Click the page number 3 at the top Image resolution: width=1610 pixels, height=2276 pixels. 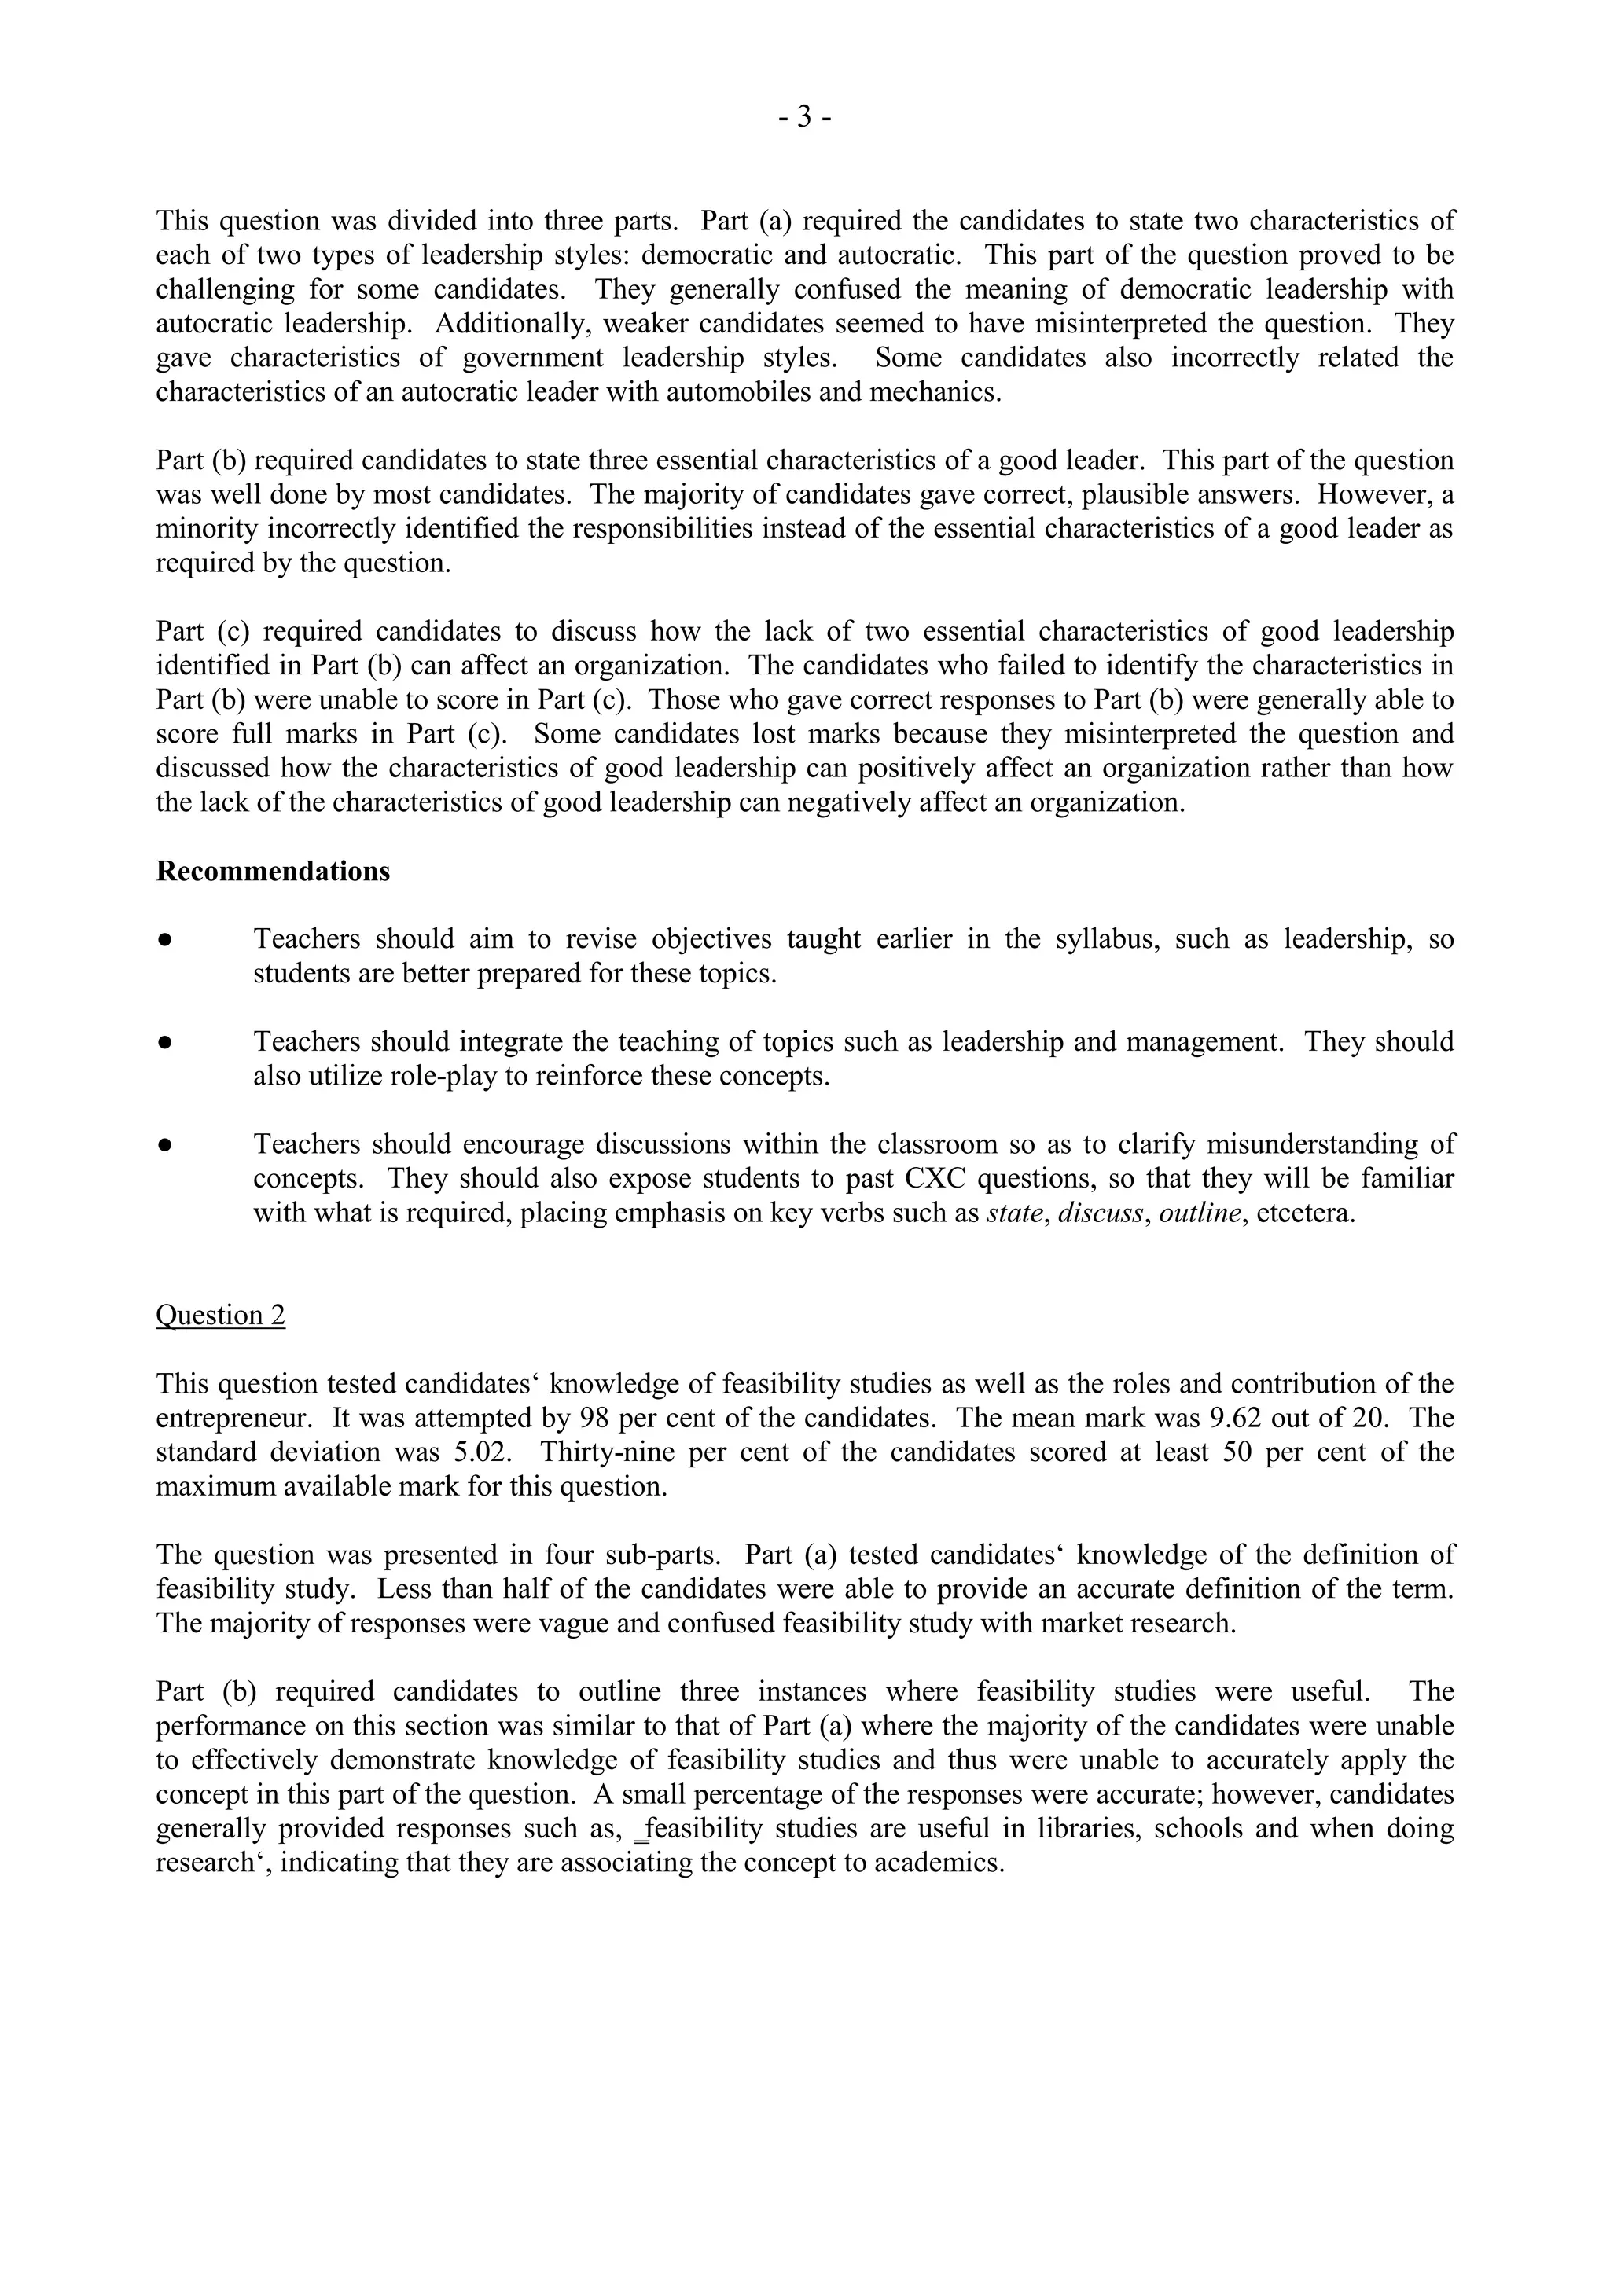coord(804,118)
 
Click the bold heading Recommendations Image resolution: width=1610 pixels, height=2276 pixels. coord(273,872)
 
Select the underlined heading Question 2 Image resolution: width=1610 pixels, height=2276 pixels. coord(220,1315)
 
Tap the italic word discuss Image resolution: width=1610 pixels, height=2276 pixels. coord(1101,1213)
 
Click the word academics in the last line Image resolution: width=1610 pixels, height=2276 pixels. coord(943,1863)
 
